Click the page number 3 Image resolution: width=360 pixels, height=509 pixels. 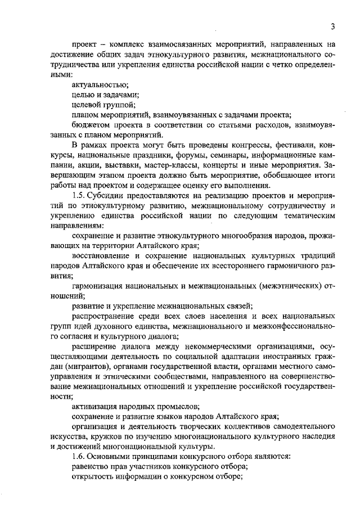[332, 26]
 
